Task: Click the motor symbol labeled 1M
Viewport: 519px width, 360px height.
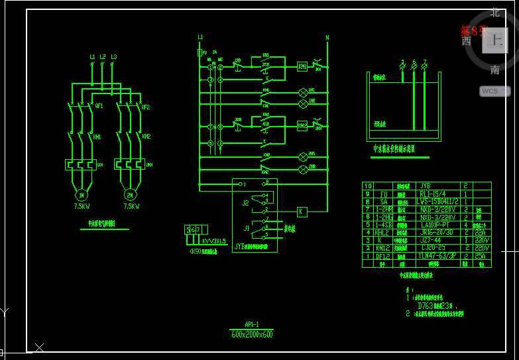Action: pyautogui.click(x=81, y=195)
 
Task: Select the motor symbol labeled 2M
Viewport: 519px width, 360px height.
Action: pyautogui.click(x=130, y=195)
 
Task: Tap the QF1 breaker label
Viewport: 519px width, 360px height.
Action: pyautogui.click(x=99, y=106)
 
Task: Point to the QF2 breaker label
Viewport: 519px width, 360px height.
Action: pyautogui.click(x=146, y=107)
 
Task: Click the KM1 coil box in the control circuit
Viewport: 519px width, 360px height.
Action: pyautogui.click(x=302, y=66)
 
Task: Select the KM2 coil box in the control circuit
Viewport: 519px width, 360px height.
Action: pyautogui.click(x=302, y=125)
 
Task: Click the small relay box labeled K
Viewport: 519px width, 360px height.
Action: pyautogui.click(x=302, y=211)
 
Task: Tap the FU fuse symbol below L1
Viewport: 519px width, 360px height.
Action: pyautogui.click(x=200, y=52)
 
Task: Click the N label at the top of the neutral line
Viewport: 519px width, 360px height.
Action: pyautogui.click(x=327, y=38)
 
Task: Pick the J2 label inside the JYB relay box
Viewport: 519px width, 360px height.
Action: pyautogui.click(x=245, y=202)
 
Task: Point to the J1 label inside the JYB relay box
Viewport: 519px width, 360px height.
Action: pyautogui.click(x=245, y=228)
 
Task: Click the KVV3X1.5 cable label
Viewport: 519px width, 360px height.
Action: pyautogui.click(x=214, y=241)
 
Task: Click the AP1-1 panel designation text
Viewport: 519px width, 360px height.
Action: pyautogui.click(x=251, y=325)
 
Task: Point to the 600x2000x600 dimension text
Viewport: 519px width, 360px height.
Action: pyautogui.click(x=251, y=334)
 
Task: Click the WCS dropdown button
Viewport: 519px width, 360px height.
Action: pyautogui.click(x=494, y=91)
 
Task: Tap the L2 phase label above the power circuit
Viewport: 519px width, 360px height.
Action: pyautogui.click(x=103, y=57)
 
